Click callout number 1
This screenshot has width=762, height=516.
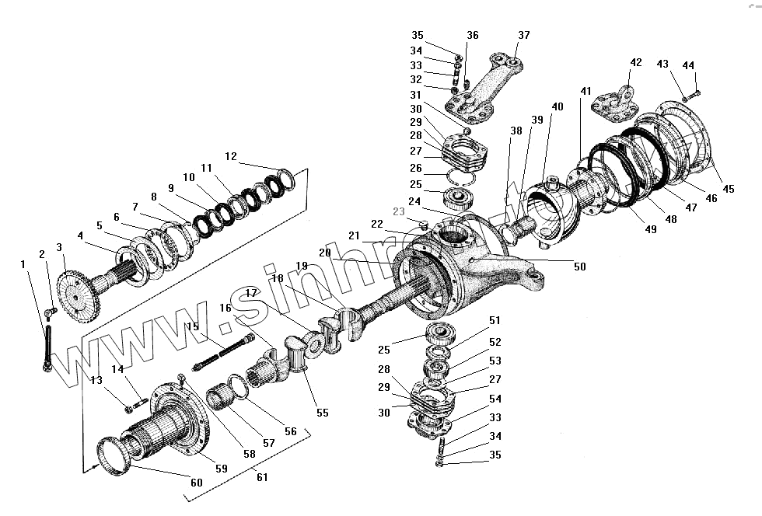pyautogui.click(x=23, y=265)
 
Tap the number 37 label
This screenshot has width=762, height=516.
pyautogui.click(x=524, y=35)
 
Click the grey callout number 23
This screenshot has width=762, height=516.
pyautogui.click(x=399, y=211)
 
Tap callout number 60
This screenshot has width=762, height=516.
pyautogui.click(x=196, y=483)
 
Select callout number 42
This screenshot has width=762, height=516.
pyautogui.click(x=636, y=62)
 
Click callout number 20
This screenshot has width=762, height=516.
pyautogui.click(x=325, y=253)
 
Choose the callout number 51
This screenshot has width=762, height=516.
pyautogui.click(x=495, y=320)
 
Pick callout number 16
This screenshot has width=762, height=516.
pyautogui.click(x=225, y=308)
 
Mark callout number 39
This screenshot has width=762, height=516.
pyautogui.click(x=537, y=120)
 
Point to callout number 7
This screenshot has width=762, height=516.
pyautogui.click(x=135, y=207)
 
